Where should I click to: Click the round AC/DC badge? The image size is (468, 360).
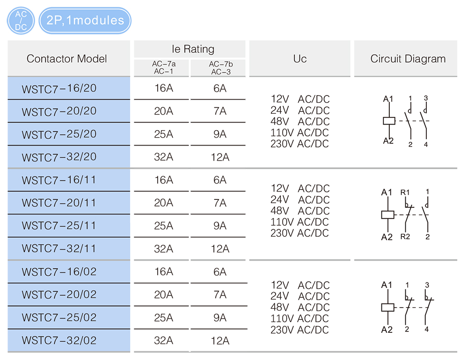[x=21, y=21]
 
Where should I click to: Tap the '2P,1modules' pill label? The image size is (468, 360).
[x=85, y=21]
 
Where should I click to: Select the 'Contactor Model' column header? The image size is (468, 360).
[x=67, y=59]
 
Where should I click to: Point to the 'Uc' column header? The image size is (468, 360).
[x=300, y=59]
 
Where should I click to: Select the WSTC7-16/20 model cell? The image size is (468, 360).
[x=59, y=88]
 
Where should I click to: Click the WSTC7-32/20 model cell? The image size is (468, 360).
[x=59, y=157]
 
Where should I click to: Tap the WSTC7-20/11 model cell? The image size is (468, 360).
[x=59, y=203]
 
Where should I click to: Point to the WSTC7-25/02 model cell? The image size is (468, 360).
[x=59, y=318]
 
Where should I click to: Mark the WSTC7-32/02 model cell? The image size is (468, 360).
[x=59, y=341]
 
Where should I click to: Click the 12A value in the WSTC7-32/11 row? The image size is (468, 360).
[x=220, y=249]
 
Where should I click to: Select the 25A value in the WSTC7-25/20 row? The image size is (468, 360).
[x=163, y=134]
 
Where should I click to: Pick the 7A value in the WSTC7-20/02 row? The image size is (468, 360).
[x=220, y=295]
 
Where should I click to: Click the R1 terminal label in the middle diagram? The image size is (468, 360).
[x=405, y=192]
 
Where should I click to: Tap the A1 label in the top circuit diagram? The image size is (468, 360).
[x=388, y=99]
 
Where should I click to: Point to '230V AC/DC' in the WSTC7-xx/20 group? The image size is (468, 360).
[x=300, y=144]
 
